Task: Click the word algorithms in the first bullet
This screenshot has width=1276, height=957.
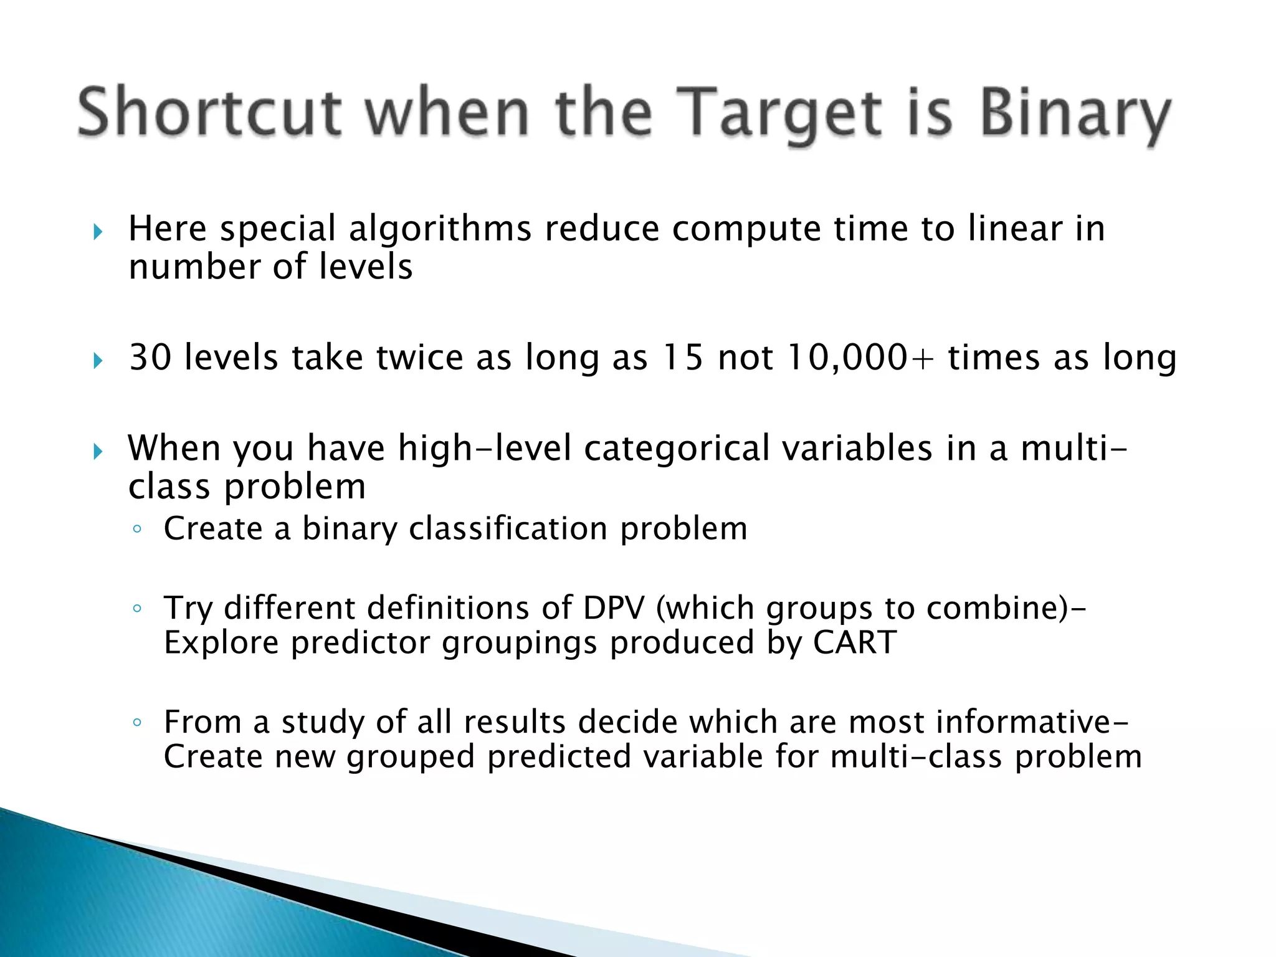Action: point(439,229)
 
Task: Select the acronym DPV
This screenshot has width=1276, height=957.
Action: point(613,607)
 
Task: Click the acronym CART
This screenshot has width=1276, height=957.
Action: point(854,642)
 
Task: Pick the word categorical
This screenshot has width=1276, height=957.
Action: point(677,449)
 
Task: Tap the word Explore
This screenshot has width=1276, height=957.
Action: point(221,642)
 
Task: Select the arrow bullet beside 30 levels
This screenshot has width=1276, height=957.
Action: point(98,360)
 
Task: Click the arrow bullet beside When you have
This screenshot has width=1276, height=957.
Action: point(98,451)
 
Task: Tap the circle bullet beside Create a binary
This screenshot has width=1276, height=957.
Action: point(137,530)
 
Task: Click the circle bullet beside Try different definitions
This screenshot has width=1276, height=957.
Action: point(137,609)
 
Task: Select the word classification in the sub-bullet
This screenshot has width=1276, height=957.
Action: point(508,529)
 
